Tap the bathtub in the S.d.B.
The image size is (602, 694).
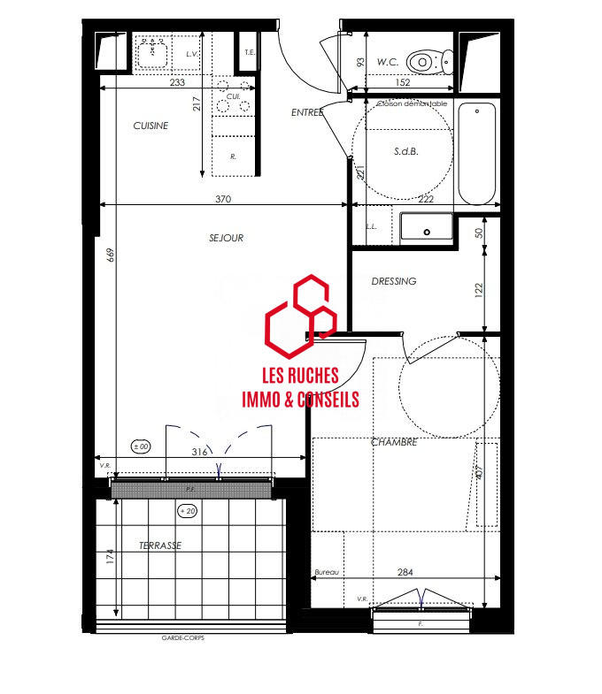click(x=478, y=153)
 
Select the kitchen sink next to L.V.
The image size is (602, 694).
click(x=153, y=51)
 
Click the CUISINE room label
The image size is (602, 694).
click(x=150, y=126)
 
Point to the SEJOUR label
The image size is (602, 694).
click(x=226, y=238)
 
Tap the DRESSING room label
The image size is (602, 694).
click(x=393, y=281)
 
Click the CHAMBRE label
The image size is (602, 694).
click(x=394, y=442)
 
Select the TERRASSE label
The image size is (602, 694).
click(x=160, y=545)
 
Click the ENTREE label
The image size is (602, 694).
click(x=307, y=112)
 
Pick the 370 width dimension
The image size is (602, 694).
click(x=222, y=199)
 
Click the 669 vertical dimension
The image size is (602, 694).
click(x=111, y=255)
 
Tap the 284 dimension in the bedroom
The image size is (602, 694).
click(x=405, y=572)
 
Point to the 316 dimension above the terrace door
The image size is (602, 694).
click(x=199, y=452)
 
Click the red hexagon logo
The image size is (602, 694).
click(x=301, y=312)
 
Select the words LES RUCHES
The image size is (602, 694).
click(x=301, y=376)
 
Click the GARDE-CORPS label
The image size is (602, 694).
click(x=182, y=637)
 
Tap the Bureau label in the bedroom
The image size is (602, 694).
click(x=327, y=573)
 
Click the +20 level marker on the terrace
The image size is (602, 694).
click(x=188, y=511)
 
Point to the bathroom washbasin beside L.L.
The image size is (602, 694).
click(x=427, y=228)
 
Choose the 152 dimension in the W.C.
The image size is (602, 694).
click(x=402, y=83)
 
